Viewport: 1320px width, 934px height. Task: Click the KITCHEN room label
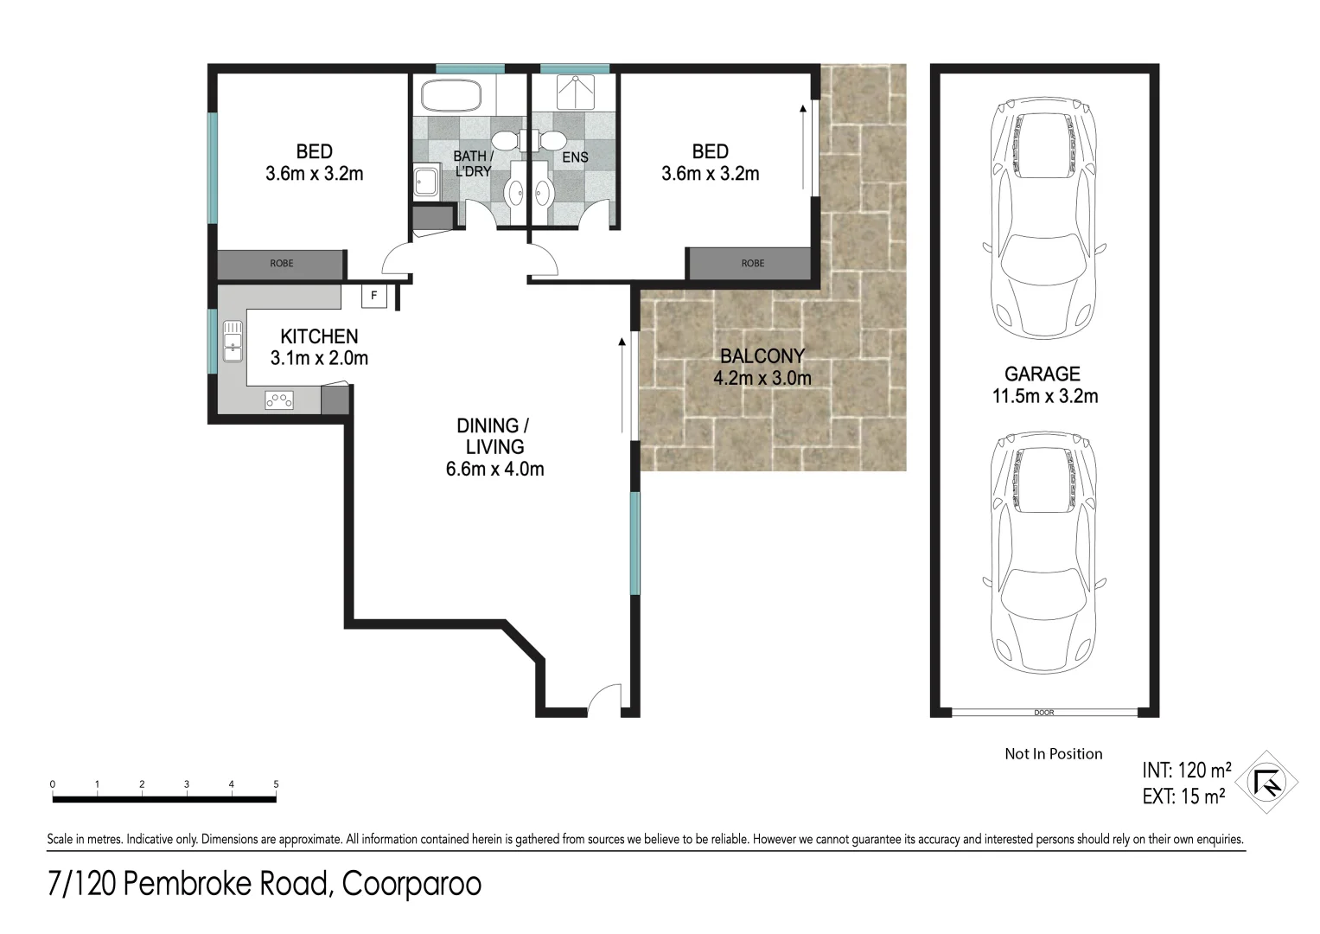point(319,336)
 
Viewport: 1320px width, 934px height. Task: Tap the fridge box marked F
point(373,296)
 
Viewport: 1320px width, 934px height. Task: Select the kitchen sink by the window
point(233,341)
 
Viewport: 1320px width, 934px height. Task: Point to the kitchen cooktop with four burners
point(278,400)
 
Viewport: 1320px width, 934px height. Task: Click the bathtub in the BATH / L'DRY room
point(450,95)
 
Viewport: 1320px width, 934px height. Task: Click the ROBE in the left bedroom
point(281,264)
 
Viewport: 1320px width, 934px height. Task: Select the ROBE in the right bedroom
point(752,264)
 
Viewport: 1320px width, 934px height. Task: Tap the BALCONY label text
point(762,355)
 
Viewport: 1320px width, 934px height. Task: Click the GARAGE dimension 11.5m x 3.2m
point(1043,396)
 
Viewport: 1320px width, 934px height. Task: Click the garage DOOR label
point(1043,713)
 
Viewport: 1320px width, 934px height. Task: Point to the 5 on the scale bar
point(276,784)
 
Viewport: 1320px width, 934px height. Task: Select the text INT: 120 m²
point(1186,771)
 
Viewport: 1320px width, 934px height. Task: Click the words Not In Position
point(1053,754)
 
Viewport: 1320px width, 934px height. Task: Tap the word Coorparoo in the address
point(411,885)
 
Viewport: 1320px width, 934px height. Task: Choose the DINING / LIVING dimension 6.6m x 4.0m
point(494,470)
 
